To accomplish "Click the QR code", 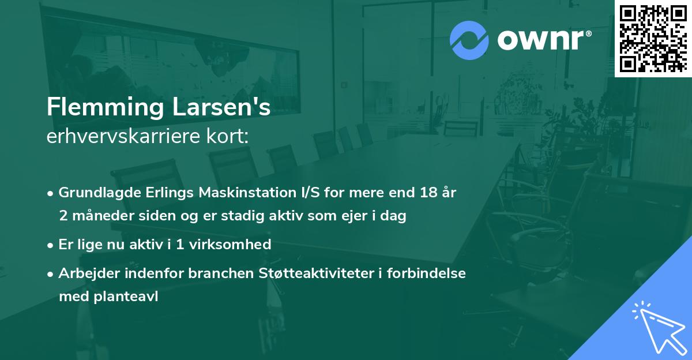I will [x=653, y=38].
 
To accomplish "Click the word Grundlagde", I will [x=96, y=193].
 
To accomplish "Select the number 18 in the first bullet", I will [x=427, y=193].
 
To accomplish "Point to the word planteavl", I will [x=129, y=297].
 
